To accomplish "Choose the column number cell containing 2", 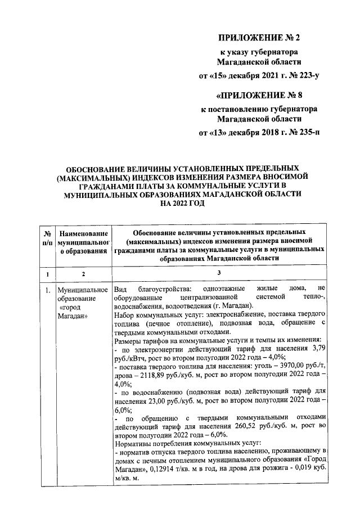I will [83, 274].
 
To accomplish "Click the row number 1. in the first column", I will [48, 290].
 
